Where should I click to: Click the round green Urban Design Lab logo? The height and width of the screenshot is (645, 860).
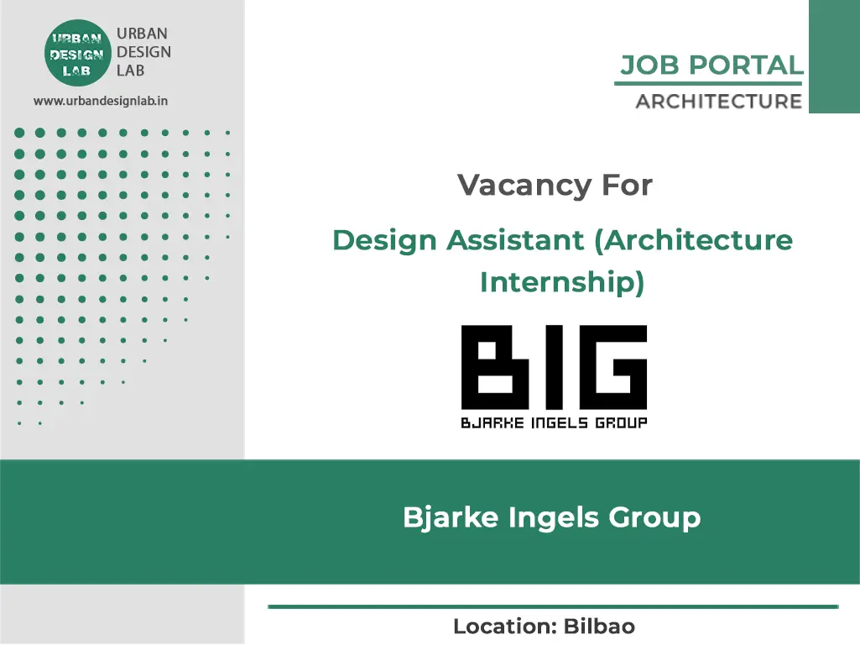coord(77,53)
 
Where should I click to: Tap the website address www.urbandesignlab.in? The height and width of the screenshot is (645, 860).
coord(101,101)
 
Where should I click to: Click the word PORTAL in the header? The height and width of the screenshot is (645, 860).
coord(745,66)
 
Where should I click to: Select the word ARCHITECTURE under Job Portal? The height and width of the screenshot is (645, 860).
coord(718,102)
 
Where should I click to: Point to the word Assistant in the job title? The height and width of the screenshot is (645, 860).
coord(515,240)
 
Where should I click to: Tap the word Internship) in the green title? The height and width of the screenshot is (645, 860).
coord(562,282)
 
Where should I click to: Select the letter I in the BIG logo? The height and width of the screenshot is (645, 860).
coord(555,367)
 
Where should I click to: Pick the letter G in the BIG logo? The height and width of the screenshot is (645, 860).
coord(613,367)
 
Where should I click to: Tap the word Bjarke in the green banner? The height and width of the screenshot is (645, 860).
coord(451,517)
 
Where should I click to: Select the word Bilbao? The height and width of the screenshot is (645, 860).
coord(599,627)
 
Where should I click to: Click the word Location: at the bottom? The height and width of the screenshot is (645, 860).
coord(506,627)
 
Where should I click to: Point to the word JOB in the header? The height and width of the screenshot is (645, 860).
coord(650,66)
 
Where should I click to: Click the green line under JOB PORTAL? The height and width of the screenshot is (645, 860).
coord(708,83)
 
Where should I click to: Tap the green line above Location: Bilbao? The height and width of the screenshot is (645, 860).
coord(554,606)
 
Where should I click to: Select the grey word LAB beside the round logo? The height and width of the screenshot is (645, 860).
coord(131,71)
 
